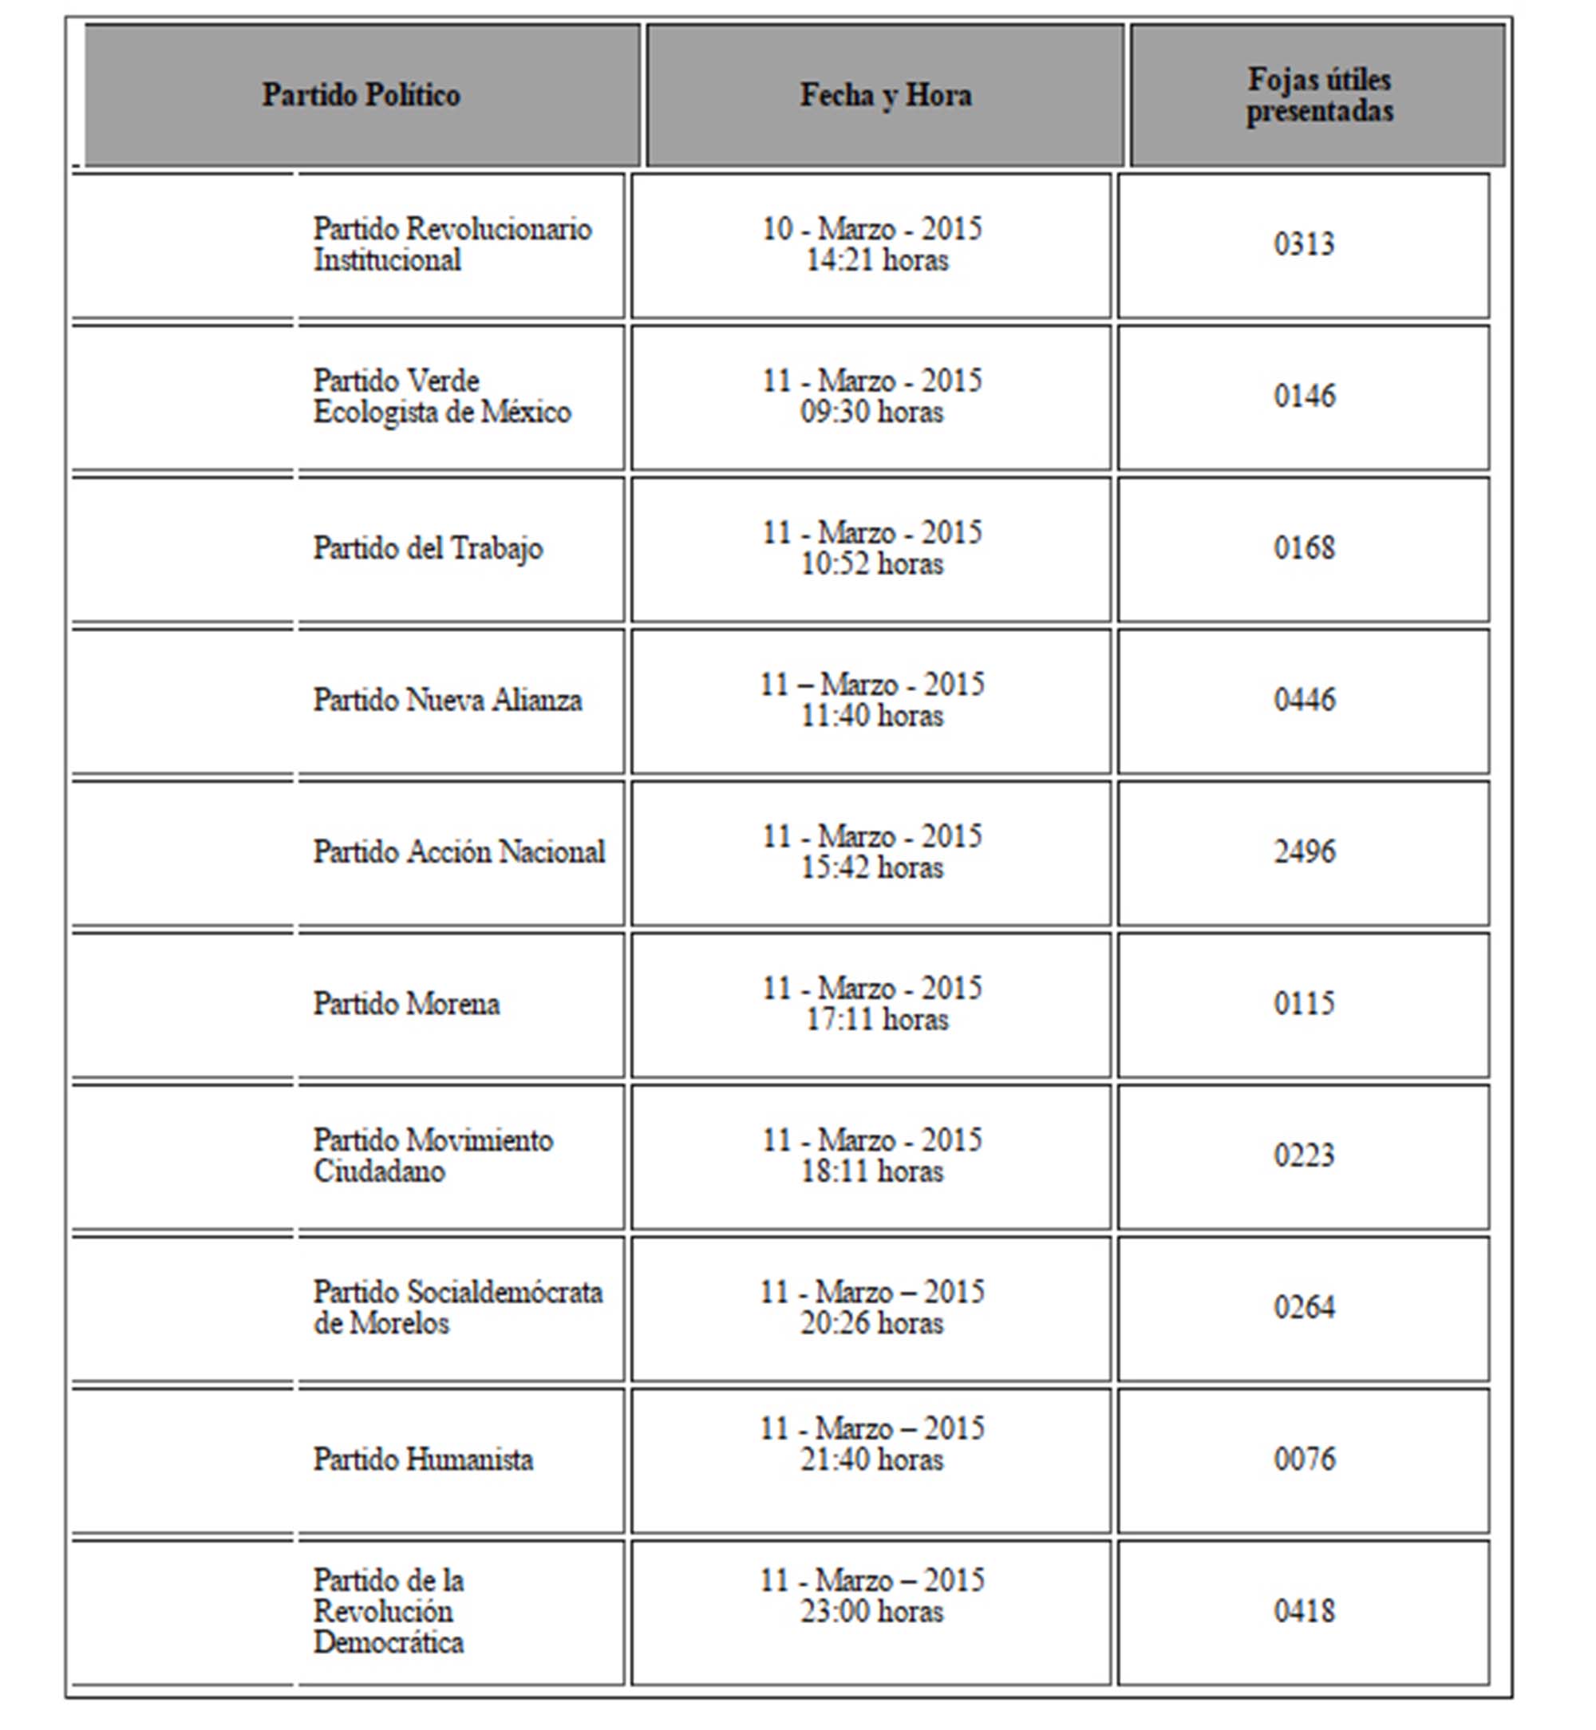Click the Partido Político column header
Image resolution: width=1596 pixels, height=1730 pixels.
click(x=361, y=95)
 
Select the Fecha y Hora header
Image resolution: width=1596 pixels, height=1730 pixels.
click(x=885, y=95)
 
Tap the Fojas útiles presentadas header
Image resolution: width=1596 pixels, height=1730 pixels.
click(x=1319, y=95)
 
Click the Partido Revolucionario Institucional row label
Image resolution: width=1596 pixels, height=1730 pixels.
click(x=452, y=244)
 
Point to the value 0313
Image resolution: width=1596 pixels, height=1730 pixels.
click(x=1304, y=244)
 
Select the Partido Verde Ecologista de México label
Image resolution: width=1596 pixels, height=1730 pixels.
click(x=441, y=397)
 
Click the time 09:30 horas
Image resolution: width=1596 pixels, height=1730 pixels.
click(x=871, y=412)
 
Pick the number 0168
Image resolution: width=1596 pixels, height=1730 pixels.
click(x=1304, y=547)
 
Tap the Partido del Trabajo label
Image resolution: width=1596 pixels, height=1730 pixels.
click(x=428, y=548)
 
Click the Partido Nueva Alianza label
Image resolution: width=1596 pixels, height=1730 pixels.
click(x=448, y=700)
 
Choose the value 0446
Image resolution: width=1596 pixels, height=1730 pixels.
click(x=1304, y=700)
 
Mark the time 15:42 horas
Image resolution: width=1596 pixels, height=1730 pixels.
click(x=871, y=868)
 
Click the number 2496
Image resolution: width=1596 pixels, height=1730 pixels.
click(x=1304, y=851)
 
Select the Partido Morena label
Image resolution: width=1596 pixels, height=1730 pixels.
click(x=406, y=1004)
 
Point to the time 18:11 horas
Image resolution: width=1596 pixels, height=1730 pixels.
click(x=871, y=1172)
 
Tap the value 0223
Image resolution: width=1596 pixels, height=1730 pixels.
click(x=1304, y=1155)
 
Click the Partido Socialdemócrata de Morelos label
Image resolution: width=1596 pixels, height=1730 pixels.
click(x=458, y=1308)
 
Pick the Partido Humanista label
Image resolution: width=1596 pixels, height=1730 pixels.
click(x=423, y=1459)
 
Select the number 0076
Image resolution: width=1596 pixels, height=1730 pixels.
click(x=1304, y=1459)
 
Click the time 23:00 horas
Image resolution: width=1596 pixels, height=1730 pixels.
click(x=871, y=1612)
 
